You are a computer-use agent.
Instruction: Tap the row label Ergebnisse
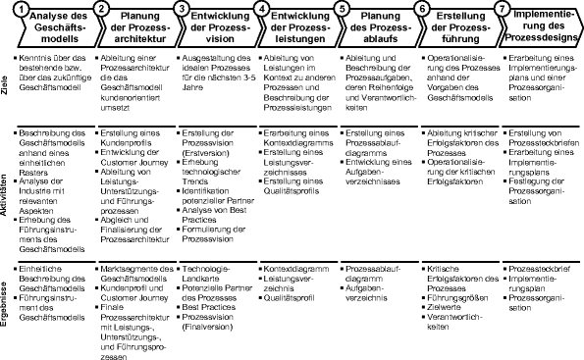coord(7,308)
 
